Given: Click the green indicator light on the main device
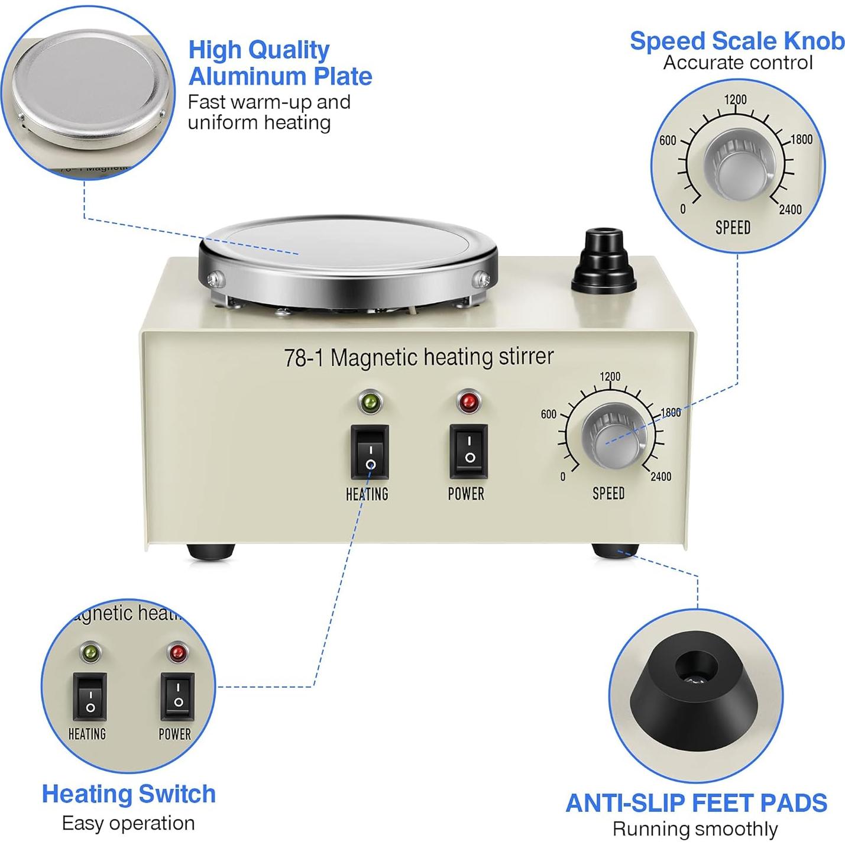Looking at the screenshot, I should tap(370, 403).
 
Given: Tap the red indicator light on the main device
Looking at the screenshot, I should tap(469, 402).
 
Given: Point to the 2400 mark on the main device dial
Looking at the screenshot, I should tap(661, 477).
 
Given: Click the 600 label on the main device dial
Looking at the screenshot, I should tap(548, 414).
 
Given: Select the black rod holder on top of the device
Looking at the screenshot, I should tap(604, 261).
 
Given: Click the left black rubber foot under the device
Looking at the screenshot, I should tap(211, 552).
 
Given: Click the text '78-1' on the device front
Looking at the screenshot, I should tap(303, 358).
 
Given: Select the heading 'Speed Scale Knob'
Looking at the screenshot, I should tap(737, 41).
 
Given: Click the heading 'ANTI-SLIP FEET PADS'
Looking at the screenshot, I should tap(696, 803).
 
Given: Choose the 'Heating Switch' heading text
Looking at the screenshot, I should tap(128, 794).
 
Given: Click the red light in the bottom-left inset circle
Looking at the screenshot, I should tap(177, 653).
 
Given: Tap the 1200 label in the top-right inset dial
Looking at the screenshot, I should tap(736, 99).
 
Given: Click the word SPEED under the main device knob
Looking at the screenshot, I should tap(608, 493).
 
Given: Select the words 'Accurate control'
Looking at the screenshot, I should tap(737, 63).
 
